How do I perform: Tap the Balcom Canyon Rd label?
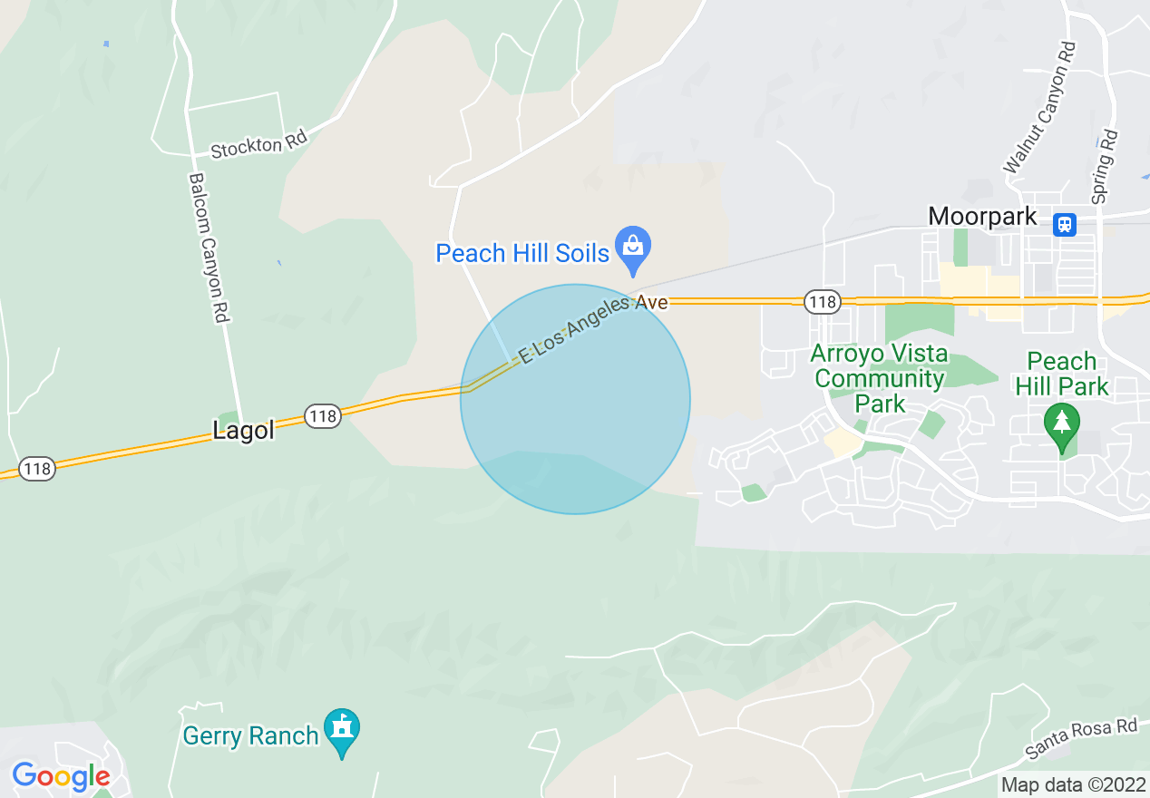pyautogui.click(x=209, y=248)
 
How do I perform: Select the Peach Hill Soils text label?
pyautogui.click(x=522, y=253)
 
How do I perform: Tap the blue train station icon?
pyautogui.click(x=1064, y=223)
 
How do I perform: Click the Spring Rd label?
pyautogui.click(x=1104, y=167)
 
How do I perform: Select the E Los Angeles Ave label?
pyautogui.click(x=593, y=327)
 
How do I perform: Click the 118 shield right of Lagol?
pyautogui.click(x=322, y=416)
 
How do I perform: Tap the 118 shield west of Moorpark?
pyautogui.click(x=823, y=302)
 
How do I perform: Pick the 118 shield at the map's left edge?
pyautogui.click(x=37, y=469)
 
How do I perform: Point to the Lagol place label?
pyautogui.click(x=243, y=431)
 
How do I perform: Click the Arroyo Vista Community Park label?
pyautogui.click(x=879, y=378)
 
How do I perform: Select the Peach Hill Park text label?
pyautogui.click(x=1062, y=374)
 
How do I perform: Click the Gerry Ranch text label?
pyautogui.click(x=250, y=735)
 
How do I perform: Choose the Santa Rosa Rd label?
pyautogui.click(x=1080, y=738)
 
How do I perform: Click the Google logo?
pyautogui.click(x=61, y=776)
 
